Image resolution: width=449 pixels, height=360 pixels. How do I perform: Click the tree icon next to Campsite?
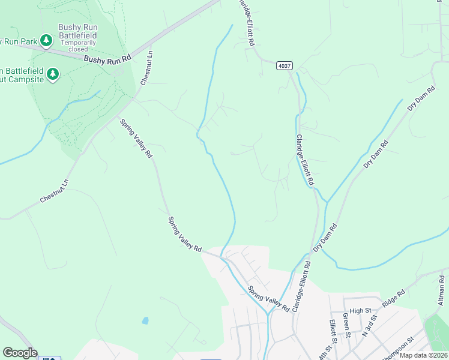[x=53, y=74]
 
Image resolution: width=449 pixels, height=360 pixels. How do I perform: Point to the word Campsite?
[x=23, y=79]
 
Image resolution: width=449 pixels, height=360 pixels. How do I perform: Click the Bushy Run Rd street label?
[x=107, y=59]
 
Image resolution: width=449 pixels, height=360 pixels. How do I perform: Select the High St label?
[x=360, y=310]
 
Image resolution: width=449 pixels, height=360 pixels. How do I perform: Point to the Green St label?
[x=346, y=325]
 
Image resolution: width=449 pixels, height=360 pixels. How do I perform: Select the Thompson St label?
[x=397, y=346]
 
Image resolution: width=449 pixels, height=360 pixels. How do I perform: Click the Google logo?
[x=20, y=353]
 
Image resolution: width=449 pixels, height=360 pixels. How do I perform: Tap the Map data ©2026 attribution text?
[x=424, y=355]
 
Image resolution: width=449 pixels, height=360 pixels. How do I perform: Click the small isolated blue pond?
[x=145, y=320]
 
